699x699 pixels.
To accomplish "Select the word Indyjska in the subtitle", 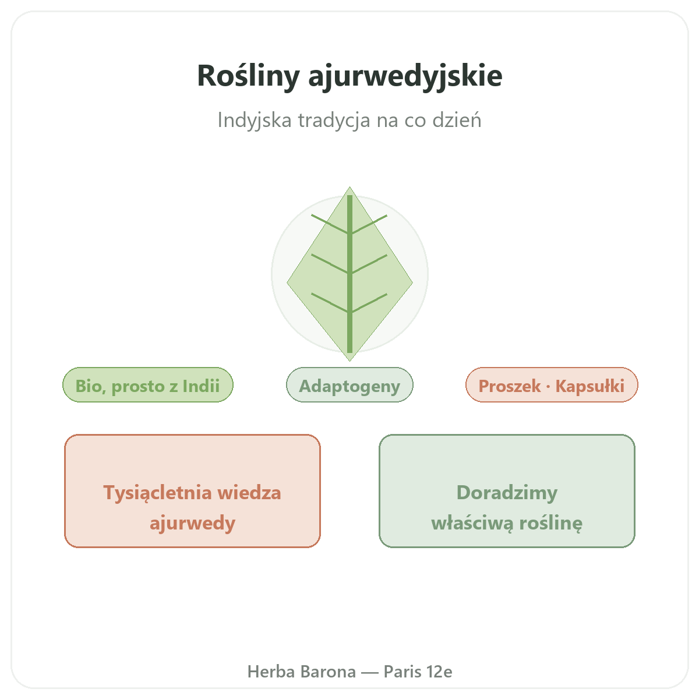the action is tap(255, 121).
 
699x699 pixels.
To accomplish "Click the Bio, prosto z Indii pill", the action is tap(147, 384).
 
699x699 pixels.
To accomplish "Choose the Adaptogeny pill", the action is tap(349, 384).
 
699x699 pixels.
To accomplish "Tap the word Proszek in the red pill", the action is tap(509, 386).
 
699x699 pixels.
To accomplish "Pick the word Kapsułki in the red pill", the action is tap(590, 386).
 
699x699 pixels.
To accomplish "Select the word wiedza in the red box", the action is tap(249, 493).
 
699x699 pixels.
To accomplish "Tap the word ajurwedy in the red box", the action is tap(192, 524).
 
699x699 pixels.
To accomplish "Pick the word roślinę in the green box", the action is tap(550, 524).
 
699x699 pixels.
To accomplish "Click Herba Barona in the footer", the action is tap(301, 672).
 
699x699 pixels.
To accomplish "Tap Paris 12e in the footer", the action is tap(418, 672).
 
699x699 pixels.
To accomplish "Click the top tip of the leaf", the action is tap(349, 187).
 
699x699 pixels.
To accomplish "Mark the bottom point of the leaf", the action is tap(349, 361).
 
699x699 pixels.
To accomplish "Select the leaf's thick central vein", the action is tap(349, 274).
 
